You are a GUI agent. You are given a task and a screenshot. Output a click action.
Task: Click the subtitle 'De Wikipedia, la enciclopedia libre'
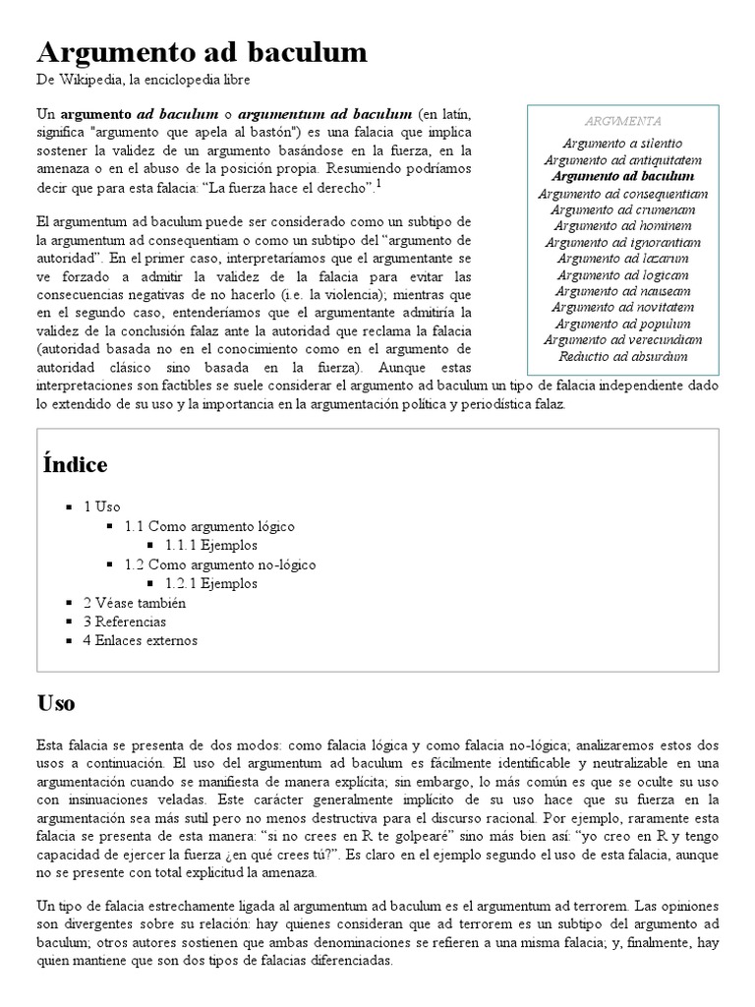click(145, 80)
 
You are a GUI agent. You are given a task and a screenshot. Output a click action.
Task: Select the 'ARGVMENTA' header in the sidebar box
click(622, 121)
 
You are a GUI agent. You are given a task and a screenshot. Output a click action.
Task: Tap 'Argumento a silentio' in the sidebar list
click(622, 144)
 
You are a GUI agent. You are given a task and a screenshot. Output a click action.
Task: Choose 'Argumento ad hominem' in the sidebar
click(622, 225)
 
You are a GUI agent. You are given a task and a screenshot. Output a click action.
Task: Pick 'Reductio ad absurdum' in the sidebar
click(622, 356)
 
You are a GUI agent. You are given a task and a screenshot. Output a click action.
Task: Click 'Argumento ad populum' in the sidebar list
click(622, 323)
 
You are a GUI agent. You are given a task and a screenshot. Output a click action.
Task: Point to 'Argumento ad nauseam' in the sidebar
click(622, 290)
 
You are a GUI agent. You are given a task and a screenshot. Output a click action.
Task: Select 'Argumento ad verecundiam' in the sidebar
click(622, 339)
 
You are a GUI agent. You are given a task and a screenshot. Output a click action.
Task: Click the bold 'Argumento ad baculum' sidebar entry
click(622, 176)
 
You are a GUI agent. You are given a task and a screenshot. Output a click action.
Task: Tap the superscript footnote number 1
click(378, 182)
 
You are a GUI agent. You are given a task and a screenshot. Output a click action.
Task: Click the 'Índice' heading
click(76, 464)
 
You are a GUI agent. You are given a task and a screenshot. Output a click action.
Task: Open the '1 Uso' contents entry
click(102, 506)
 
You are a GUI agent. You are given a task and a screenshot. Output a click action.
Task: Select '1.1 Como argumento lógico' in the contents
click(209, 526)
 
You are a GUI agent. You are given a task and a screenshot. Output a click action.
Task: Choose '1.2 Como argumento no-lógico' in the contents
click(220, 564)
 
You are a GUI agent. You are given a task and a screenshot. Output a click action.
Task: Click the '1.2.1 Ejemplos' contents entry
click(211, 583)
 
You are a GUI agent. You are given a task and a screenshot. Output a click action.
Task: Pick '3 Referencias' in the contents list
click(125, 622)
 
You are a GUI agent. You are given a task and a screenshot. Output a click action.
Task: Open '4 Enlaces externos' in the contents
click(140, 640)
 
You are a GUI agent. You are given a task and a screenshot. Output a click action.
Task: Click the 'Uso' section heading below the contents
click(56, 703)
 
